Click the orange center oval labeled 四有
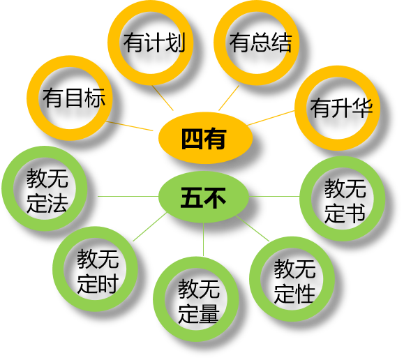tap(205, 138)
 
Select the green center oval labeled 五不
tap(204, 197)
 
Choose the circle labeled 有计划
tap(112, 43)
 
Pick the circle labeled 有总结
tap(219, 43)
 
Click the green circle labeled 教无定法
tap(7, 188)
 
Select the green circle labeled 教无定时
tap(58, 269)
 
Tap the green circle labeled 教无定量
tap(158, 299)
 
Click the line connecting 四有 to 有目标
tap(130, 126)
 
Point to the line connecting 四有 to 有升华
tap(271, 118)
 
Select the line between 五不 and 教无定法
tap(128, 196)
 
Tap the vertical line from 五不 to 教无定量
tap(203, 239)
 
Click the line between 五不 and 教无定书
tap(274, 196)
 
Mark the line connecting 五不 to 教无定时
tap(150, 227)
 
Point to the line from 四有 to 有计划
tap(163, 98)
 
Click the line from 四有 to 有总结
tap(229, 98)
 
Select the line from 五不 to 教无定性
tap(253, 228)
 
